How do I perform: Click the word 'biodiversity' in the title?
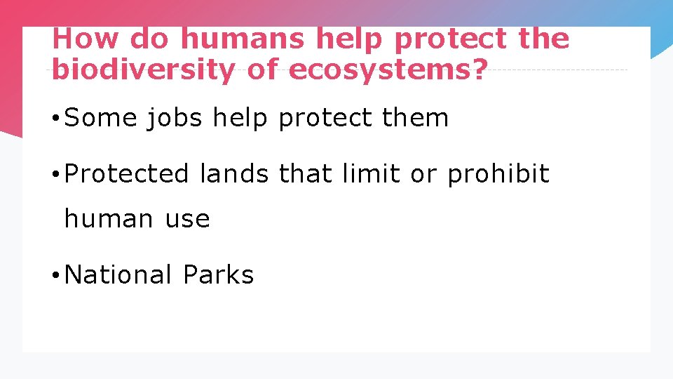coord(142,70)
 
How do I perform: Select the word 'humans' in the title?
coord(242,39)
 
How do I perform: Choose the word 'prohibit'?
coord(498,173)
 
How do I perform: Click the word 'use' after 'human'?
coord(187,219)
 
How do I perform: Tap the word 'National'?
coord(118,274)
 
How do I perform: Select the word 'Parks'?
coord(218,274)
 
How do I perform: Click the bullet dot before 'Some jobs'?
coord(55,119)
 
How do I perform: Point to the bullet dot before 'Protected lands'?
coord(55,174)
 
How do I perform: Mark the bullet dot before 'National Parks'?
coord(55,275)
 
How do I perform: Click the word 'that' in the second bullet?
coord(306,173)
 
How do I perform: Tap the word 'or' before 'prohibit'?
coord(423,173)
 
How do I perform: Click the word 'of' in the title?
coord(264,70)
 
